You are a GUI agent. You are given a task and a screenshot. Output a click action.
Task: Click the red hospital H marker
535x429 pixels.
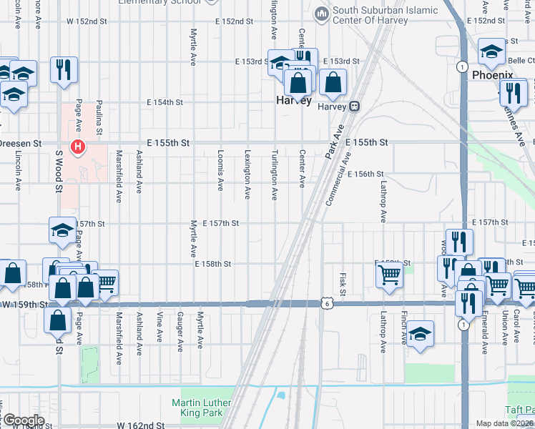pos(78,148)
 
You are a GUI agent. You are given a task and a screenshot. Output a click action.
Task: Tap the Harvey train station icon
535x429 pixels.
pos(354,107)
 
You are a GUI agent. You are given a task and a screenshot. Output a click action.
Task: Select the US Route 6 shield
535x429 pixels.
pos(326,304)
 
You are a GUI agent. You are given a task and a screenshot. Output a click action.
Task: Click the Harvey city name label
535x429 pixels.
pos(294,102)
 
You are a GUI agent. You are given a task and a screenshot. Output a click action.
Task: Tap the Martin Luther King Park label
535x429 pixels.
pos(202,408)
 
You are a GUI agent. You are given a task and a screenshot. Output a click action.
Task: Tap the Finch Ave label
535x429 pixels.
pos(405,331)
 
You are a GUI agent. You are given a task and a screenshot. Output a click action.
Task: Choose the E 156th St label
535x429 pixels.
pos(365,174)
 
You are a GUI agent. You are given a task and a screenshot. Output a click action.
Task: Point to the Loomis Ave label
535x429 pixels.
pos(220,174)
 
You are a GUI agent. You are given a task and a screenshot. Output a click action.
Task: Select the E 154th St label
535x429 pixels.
pos(165,103)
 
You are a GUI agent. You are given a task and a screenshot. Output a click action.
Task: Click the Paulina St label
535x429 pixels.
pos(99,118)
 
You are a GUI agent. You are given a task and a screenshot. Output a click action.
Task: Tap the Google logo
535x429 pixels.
pos(24,420)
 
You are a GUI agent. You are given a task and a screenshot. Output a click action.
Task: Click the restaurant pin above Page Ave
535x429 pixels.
pos(64,70)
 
